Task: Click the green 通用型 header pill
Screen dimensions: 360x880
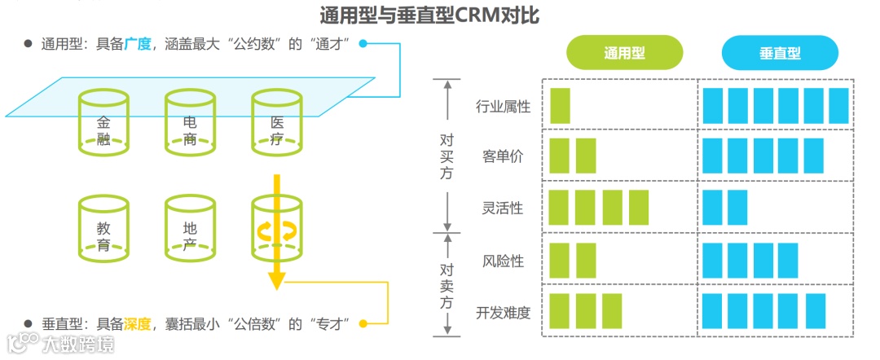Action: [x=624, y=53]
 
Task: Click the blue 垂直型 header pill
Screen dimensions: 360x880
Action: [x=779, y=53]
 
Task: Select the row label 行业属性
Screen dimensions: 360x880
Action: [x=504, y=107]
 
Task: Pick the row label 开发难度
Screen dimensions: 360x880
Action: [x=504, y=312]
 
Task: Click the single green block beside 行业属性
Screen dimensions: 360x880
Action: [x=561, y=106]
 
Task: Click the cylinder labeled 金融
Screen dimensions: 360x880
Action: [x=103, y=123]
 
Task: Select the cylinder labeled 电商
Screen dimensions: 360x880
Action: [x=190, y=123]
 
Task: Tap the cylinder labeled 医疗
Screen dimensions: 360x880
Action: [x=276, y=123]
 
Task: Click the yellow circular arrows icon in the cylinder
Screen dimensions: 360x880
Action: [x=276, y=231]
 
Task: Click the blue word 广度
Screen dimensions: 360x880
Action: [x=138, y=44]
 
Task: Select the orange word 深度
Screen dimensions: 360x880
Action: [x=138, y=323]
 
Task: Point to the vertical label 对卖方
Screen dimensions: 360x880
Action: [x=447, y=285]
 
